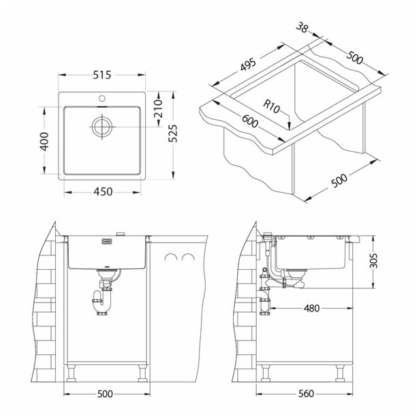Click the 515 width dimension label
click(x=102, y=75)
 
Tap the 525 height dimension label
click(x=173, y=134)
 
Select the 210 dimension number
click(x=159, y=108)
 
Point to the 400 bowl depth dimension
click(x=44, y=141)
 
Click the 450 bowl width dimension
click(x=103, y=192)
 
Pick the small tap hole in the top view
click(x=102, y=98)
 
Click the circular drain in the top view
click(x=102, y=127)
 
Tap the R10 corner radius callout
click(x=271, y=106)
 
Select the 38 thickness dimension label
click(x=302, y=27)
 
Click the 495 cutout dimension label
click(x=248, y=65)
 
